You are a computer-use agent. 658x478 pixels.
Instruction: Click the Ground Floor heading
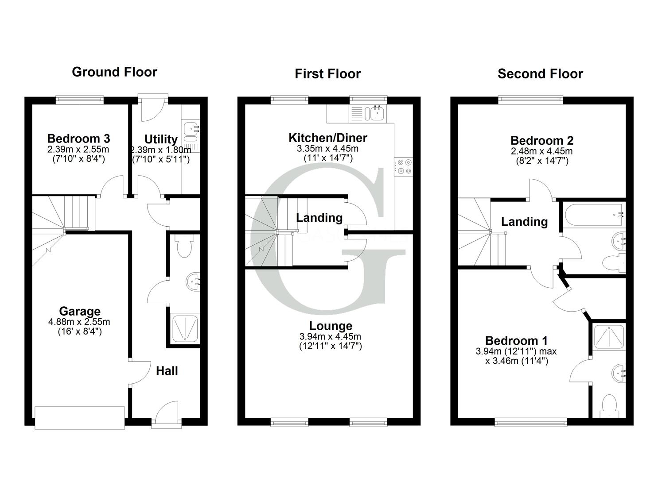(x=114, y=72)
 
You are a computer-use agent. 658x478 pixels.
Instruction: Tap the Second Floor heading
(x=540, y=74)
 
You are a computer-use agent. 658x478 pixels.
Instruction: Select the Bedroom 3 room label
(x=78, y=139)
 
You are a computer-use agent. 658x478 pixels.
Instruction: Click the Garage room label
(x=80, y=311)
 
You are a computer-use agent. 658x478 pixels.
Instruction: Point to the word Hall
(x=167, y=371)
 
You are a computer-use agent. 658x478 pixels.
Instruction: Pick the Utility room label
(x=161, y=140)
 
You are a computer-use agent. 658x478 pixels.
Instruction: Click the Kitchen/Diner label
(x=328, y=138)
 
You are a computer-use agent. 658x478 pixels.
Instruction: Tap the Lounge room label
(x=331, y=326)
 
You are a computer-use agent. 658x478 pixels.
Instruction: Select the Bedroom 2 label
(x=542, y=141)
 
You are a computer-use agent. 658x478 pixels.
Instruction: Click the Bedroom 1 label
(x=516, y=341)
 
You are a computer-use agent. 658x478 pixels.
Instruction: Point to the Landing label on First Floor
(x=319, y=218)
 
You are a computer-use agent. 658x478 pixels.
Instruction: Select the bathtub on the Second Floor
(x=593, y=215)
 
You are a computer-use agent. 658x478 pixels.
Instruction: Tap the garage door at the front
(x=80, y=417)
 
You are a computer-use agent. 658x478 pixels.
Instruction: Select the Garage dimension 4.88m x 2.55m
(x=79, y=322)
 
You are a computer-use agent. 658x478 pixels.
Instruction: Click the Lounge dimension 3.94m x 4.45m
(x=331, y=337)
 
